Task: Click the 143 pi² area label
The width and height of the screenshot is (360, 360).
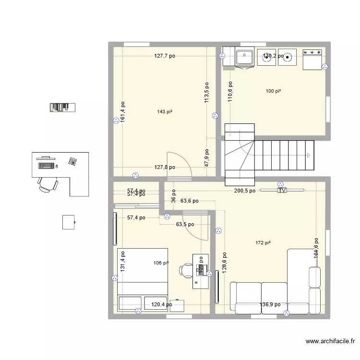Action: tap(165, 112)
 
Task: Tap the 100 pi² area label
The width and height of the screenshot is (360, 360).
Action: tap(273, 91)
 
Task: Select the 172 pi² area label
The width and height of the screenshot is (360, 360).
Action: tap(263, 243)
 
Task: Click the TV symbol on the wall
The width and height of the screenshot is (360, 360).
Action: tap(282, 191)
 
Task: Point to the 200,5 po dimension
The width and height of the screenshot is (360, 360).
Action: tap(245, 191)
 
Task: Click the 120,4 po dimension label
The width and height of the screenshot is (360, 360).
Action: tap(162, 304)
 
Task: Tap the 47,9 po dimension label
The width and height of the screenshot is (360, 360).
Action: tap(206, 157)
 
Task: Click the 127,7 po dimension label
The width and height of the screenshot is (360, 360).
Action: tap(165, 56)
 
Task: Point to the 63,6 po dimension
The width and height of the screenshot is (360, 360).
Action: tap(189, 201)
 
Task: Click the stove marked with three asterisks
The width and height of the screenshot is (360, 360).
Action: tap(312, 59)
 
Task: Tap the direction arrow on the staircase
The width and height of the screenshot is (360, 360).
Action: tap(307, 155)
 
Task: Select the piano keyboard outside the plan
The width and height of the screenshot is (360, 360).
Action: tap(62, 108)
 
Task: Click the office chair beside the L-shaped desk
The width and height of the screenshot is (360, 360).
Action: tap(47, 183)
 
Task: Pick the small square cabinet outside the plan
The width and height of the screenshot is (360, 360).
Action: tap(69, 222)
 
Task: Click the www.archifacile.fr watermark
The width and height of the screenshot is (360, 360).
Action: tap(330, 342)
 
